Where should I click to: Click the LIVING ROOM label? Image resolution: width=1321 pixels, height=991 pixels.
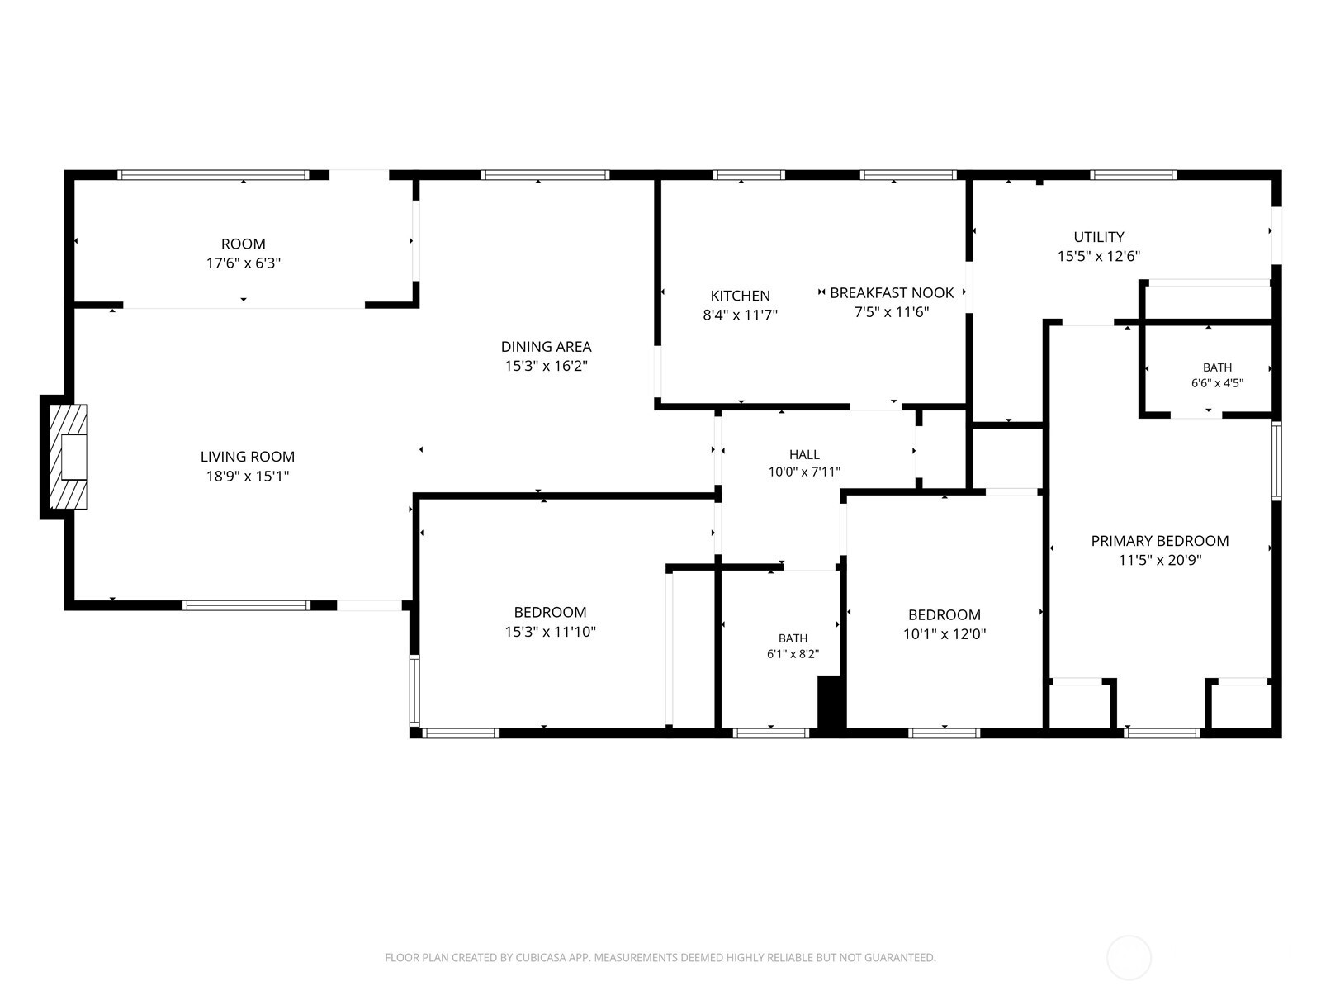(x=248, y=457)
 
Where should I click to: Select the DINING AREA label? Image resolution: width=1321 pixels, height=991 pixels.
(x=546, y=347)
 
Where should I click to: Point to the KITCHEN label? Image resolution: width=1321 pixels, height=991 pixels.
(x=740, y=296)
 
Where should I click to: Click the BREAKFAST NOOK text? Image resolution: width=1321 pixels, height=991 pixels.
(x=892, y=293)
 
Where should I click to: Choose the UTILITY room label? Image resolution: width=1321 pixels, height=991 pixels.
(x=1098, y=237)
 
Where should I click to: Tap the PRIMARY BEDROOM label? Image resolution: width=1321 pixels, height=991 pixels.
(x=1160, y=541)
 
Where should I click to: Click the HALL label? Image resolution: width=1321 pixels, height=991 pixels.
(x=804, y=455)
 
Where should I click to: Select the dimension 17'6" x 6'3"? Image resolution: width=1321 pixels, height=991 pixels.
(x=243, y=263)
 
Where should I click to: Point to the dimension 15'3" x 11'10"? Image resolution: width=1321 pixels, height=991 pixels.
(x=550, y=632)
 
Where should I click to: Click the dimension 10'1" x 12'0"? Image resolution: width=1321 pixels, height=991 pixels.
(x=945, y=634)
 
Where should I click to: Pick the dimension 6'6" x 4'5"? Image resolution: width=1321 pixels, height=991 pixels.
(x=1217, y=383)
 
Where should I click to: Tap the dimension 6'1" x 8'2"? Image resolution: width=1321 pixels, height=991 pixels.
(x=793, y=654)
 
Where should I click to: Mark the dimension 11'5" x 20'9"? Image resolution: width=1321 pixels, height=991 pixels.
(x=1160, y=560)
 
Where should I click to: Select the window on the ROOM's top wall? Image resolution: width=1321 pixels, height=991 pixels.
(x=213, y=175)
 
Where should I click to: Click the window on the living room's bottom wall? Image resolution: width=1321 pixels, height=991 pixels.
(x=246, y=605)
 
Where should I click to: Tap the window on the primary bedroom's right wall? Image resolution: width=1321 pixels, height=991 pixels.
(x=1276, y=461)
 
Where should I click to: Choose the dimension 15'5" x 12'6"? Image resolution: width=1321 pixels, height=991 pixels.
(x=1098, y=256)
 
